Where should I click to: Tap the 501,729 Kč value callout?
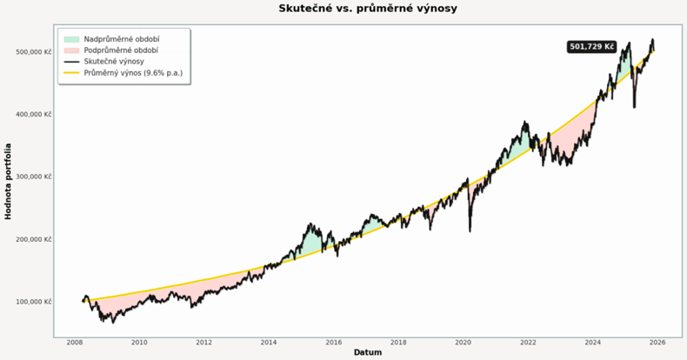coord(591,47)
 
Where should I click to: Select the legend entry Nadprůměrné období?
coord(121,39)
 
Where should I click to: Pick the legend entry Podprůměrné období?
coord(121,50)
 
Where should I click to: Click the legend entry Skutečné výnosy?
coord(114,62)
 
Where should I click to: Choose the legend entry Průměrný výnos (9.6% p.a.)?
coord(133,73)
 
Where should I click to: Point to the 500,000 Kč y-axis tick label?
coord(33,52)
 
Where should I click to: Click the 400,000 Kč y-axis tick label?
coord(33,115)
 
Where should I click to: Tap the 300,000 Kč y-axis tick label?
coord(33,177)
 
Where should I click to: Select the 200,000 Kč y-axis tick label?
coord(33,239)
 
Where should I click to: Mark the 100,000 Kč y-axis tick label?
coord(33,302)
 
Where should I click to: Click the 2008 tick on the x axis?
coord(74,343)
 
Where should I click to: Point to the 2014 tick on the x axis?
coord(269,343)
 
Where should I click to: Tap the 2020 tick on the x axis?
coord(463,343)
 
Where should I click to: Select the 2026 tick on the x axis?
coord(657,343)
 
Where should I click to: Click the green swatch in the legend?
coord(70,39)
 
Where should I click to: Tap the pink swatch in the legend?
coord(70,50)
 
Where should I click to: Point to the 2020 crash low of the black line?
coord(470,230)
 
